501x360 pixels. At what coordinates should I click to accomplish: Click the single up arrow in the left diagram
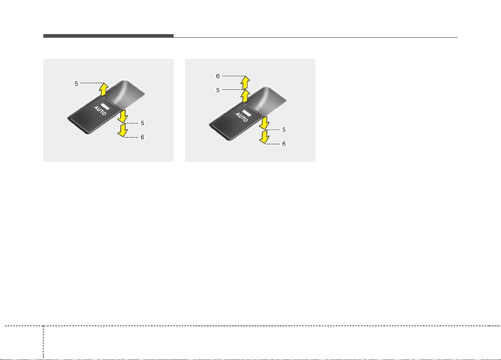coord(103,90)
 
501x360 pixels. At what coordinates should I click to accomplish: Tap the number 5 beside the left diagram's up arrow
coord(76,84)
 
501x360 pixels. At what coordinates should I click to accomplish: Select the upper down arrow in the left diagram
coord(123,116)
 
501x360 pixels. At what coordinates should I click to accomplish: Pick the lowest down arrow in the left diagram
coord(123,130)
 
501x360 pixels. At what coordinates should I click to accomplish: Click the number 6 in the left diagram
coord(142,137)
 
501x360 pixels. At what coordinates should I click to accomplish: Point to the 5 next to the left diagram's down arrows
coord(142,123)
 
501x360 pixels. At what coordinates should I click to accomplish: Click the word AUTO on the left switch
coord(100,110)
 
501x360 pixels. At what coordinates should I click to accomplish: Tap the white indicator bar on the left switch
coord(105,106)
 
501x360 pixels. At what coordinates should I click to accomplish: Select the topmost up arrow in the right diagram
coord(245,83)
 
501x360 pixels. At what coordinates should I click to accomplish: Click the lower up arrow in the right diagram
coord(245,96)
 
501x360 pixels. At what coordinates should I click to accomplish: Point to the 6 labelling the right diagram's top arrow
coord(218,76)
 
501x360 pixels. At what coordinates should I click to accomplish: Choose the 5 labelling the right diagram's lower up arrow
coord(218,90)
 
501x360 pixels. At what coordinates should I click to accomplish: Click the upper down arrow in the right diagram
coord(264,123)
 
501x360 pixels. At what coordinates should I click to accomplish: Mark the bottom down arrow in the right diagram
coord(264,137)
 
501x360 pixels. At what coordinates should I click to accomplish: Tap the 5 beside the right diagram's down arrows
coord(284,130)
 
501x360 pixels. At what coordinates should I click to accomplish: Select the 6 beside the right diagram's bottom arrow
coord(284,144)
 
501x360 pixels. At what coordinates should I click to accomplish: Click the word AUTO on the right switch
coord(241,117)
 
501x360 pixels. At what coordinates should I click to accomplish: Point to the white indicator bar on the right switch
coord(247,113)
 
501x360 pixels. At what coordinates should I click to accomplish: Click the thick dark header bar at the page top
coord(108,36)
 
